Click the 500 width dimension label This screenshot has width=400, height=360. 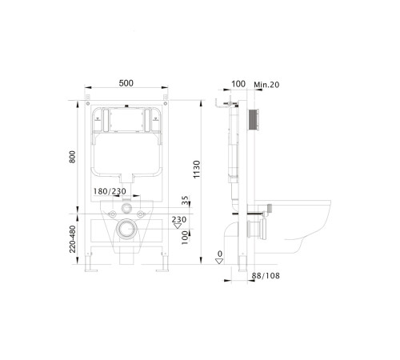point(126,83)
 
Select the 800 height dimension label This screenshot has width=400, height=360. point(72,157)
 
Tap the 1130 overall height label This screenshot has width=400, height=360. point(196,170)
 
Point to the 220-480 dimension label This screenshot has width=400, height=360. point(72,239)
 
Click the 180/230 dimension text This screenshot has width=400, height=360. point(110,191)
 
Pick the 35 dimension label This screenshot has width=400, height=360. point(185,200)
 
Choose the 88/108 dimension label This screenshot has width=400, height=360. point(266,276)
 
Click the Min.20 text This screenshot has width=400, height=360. point(266,85)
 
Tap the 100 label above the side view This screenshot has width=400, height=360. point(238,84)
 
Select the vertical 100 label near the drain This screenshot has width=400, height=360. point(185,238)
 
